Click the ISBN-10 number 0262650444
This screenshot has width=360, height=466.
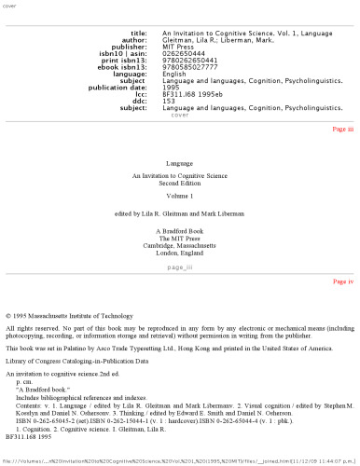[185, 54]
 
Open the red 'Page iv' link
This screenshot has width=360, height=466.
[342, 281]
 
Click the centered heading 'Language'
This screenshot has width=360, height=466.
[179, 163]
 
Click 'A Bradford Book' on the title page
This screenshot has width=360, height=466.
[179, 227]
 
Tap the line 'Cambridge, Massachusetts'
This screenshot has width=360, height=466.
[179, 243]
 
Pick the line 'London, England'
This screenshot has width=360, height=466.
[179, 252]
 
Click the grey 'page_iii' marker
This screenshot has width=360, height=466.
[179, 267]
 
